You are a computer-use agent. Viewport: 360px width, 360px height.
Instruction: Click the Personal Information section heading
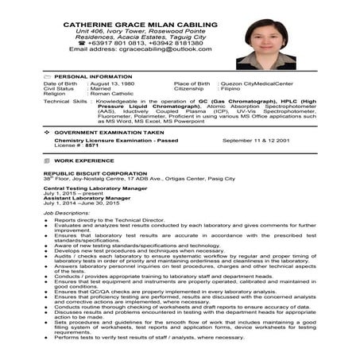click(x=92, y=76)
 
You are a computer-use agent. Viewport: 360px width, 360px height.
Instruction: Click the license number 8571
click(x=92, y=146)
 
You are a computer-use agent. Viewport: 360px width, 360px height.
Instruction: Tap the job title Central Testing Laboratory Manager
click(x=93, y=187)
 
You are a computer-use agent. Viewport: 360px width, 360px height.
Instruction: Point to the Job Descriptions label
click(x=62, y=214)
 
